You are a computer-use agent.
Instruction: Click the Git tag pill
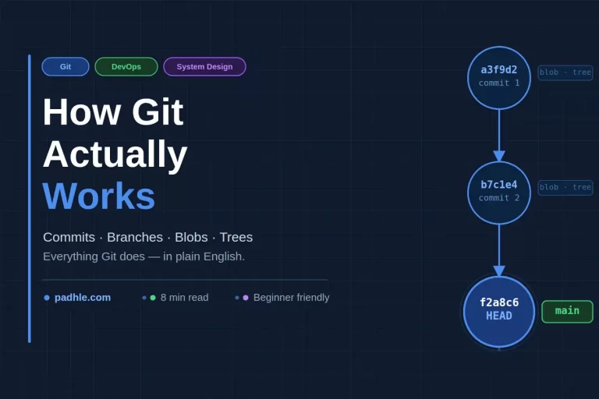[x=66, y=67]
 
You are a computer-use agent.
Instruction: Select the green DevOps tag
[x=126, y=67]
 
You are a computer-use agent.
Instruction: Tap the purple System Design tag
[x=204, y=67]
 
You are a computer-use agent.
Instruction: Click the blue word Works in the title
[x=99, y=196]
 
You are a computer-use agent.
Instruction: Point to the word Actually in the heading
[x=115, y=154]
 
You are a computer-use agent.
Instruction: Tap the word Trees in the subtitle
[x=236, y=237]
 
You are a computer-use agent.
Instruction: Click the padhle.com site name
[x=83, y=297]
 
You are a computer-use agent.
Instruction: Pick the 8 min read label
[x=184, y=297]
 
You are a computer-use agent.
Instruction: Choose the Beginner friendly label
[x=291, y=297]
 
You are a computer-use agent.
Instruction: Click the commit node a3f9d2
[x=499, y=77]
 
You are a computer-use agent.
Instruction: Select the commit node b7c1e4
[x=499, y=192]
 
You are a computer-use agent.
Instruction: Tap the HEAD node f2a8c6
[x=499, y=310]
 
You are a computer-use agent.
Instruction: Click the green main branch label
[x=567, y=311]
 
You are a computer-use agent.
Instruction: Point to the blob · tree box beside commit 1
[x=565, y=72]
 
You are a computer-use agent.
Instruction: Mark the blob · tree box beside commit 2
[x=565, y=187]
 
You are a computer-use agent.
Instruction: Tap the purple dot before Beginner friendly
[x=246, y=298]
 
